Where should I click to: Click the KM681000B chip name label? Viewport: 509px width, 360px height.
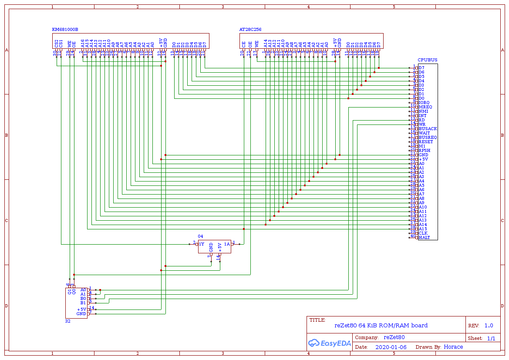tap(65, 30)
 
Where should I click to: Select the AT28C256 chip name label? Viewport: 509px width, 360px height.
tap(250, 30)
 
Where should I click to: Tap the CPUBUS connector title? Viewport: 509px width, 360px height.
tap(427, 60)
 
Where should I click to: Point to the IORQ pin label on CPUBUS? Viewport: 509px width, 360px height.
tap(424, 103)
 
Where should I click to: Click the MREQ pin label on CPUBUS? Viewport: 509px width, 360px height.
tap(425, 107)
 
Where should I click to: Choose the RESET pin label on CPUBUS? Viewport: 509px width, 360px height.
tap(425, 142)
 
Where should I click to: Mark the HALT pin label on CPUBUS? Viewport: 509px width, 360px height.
tap(424, 238)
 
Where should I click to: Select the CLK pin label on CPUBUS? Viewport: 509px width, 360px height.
tap(423, 233)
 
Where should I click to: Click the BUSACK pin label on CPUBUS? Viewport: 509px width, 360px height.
tap(428, 129)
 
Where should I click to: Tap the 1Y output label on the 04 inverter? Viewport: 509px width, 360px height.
tap(201, 244)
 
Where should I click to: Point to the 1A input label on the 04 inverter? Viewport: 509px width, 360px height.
tap(227, 244)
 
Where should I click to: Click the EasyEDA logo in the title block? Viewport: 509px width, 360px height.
tap(323, 343)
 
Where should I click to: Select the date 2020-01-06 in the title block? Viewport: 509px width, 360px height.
tap(391, 347)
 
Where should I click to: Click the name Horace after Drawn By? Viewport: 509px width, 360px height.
tap(453, 347)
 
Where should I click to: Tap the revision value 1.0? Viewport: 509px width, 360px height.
tap(489, 326)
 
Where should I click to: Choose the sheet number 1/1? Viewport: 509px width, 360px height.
tap(491, 338)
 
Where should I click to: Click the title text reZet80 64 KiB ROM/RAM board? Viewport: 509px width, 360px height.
tap(381, 326)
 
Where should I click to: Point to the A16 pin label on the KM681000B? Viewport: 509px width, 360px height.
tap(83, 43)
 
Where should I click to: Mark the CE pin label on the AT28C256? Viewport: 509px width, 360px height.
tap(244, 44)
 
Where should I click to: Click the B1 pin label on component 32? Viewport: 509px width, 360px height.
tap(83, 303)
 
